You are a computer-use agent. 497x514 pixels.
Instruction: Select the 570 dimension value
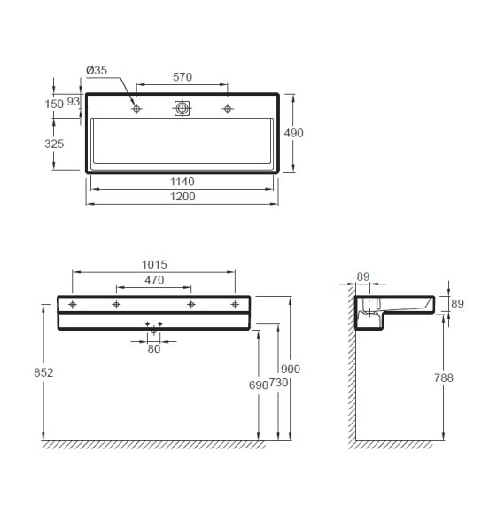182,77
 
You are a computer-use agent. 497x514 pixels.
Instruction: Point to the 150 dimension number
54,104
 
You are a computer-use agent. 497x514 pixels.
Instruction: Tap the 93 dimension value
74,103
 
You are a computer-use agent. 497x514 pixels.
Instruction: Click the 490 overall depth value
293,132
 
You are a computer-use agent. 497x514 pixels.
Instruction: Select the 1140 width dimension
183,182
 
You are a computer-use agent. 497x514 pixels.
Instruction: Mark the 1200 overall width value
183,197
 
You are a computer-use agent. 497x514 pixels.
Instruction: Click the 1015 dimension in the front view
154,264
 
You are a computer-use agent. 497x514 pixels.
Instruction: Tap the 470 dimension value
154,280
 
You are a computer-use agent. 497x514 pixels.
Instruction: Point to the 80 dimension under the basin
154,348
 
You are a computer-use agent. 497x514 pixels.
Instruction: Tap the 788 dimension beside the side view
445,378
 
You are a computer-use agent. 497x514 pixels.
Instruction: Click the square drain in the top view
182,108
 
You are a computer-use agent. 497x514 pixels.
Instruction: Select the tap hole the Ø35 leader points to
137,109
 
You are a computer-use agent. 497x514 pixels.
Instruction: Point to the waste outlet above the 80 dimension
154,329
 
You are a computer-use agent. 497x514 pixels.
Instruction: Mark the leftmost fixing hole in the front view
74,304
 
